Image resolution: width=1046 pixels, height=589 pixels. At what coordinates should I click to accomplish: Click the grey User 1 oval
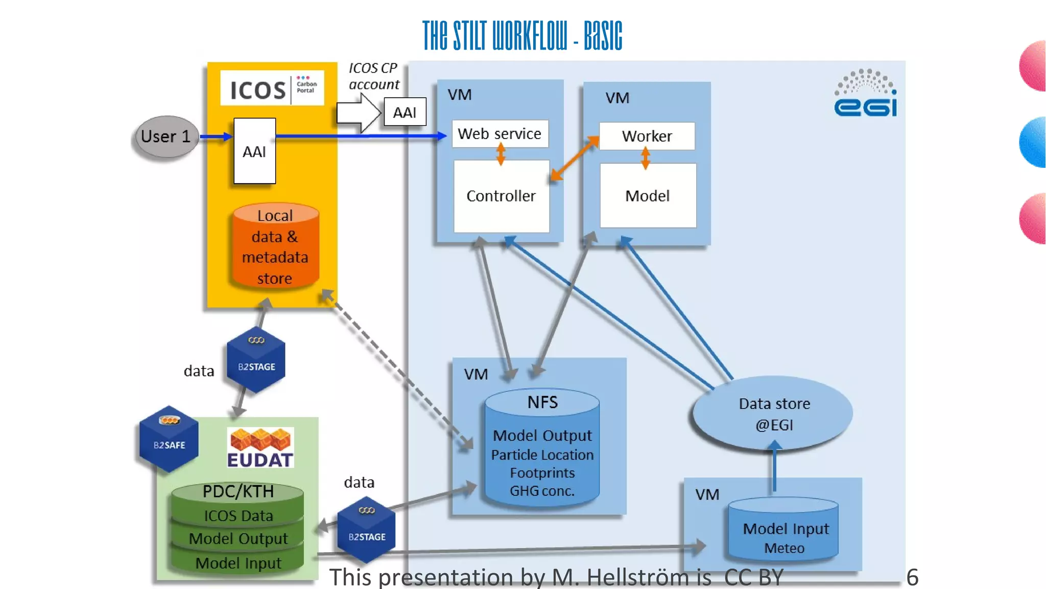[x=165, y=137]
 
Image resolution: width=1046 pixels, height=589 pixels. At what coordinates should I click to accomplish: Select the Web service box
[x=500, y=133]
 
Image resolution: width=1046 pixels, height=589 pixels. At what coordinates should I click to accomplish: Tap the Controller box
[x=501, y=196]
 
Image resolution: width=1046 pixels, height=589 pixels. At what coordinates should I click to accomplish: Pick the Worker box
[x=647, y=136]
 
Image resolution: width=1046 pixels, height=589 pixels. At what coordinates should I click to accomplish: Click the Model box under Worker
[x=647, y=196]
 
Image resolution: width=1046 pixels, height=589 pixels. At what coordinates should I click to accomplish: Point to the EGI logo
[x=865, y=94]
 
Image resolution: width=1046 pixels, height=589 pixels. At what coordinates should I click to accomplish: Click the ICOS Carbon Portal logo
[x=272, y=88]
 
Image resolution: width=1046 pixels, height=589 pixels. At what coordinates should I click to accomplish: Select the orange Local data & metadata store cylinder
[x=275, y=247]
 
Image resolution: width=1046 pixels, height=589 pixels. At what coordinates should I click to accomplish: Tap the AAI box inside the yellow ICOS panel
[x=254, y=151]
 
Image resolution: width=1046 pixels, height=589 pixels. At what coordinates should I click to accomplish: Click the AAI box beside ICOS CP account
[x=405, y=112]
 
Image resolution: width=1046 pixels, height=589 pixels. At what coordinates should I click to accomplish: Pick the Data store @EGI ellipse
[x=773, y=414]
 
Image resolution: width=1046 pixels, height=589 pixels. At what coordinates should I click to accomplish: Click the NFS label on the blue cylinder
[x=542, y=402]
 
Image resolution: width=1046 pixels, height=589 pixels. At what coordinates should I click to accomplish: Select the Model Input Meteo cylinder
[x=784, y=532]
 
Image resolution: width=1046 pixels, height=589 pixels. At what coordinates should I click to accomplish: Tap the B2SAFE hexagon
[x=169, y=439]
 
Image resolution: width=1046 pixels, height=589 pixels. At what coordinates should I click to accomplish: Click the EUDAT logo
[x=260, y=448]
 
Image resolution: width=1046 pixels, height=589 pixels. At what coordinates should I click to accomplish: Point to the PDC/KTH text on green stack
[x=238, y=491]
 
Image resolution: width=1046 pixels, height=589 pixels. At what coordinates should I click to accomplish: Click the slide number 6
[x=912, y=577]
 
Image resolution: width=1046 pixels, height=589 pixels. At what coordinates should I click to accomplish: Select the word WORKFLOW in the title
[x=529, y=36]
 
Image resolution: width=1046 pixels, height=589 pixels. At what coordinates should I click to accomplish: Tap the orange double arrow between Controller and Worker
[x=574, y=158]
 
